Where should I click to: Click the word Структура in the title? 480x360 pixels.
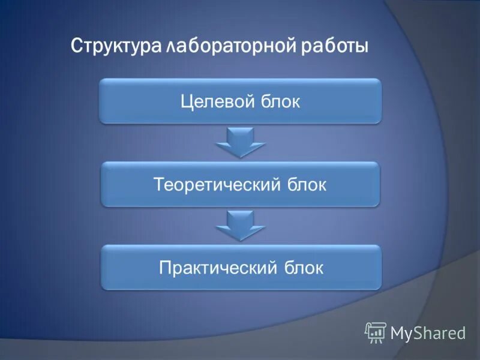tap(114, 46)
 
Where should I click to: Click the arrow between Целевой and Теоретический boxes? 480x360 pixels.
tap(240, 142)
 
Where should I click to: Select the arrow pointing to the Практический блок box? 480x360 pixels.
tap(240, 225)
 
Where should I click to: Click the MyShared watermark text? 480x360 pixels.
tap(428, 334)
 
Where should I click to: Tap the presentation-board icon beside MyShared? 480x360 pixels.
tap(376, 332)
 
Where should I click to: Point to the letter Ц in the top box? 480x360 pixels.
tap(187, 101)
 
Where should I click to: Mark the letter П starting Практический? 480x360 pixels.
tap(164, 267)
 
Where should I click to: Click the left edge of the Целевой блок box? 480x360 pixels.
tap(101, 101)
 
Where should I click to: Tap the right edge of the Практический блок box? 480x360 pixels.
tap(380, 267)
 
